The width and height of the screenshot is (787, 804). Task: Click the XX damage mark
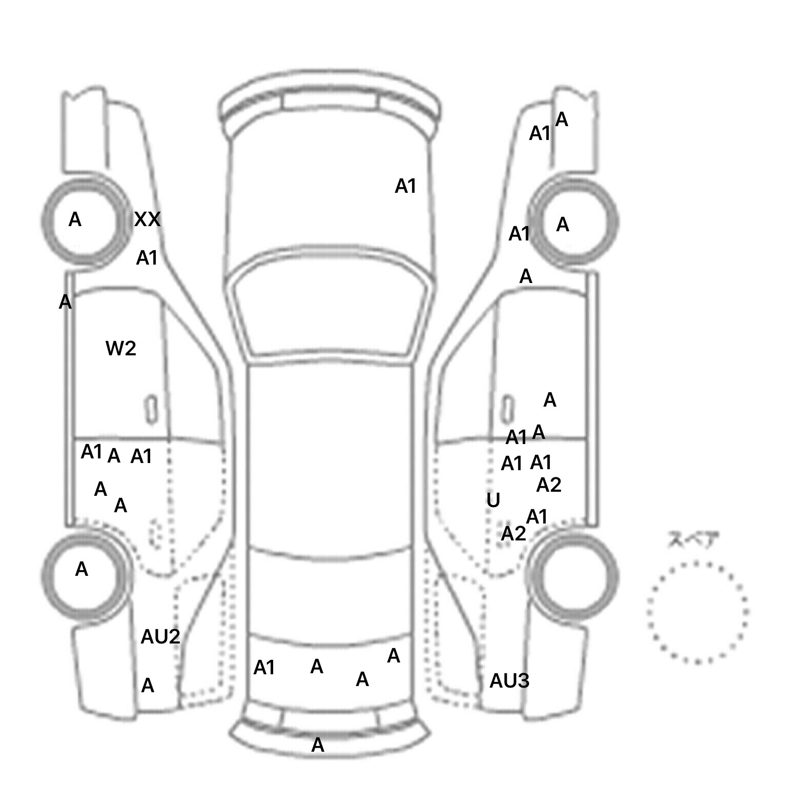tap(147, 219)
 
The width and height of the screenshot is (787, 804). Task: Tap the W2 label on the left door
tap(121, 349)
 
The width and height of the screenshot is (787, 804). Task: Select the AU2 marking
tap(160, 637)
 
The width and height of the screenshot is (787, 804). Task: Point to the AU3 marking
tap(509, 681)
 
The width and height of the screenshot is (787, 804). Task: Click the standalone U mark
tap(493, 500)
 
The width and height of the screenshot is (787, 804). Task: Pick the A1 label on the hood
tap(405, 186)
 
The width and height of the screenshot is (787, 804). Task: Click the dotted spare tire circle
tap(697, 612)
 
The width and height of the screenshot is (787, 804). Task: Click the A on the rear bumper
tap(318, 745)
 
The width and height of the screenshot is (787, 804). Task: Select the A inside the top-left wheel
tap(75, 219)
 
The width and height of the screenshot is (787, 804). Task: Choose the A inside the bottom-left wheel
tap(81, 569)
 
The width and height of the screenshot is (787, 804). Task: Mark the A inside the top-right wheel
tap(563, 224)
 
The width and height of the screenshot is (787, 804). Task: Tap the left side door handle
tap(151, 410)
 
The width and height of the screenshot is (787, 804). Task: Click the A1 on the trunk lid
tap(264, 668)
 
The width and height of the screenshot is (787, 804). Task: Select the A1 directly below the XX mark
tap(147, 258)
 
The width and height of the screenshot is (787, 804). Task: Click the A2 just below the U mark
tap(513, 534)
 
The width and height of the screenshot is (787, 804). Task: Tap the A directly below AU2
tap(148, 685)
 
